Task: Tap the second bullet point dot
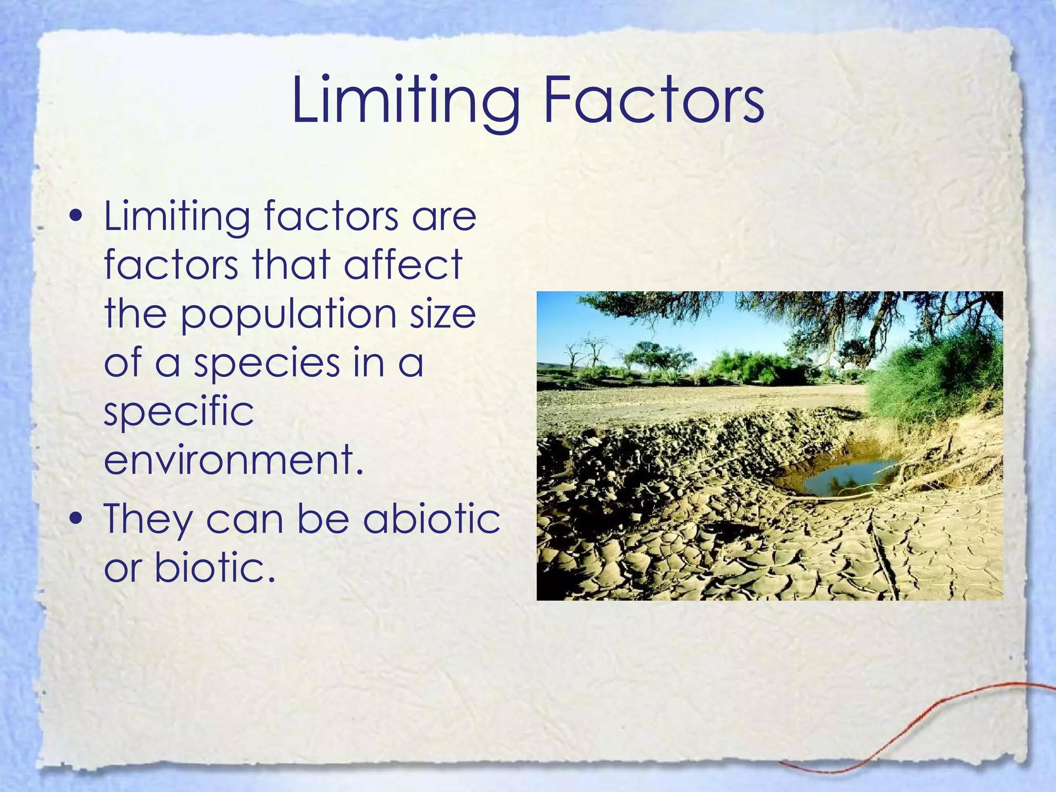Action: [x=76, y=519]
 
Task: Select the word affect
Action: [x=403, y=265]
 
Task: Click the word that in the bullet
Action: [x=291, y=265]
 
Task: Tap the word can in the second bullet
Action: [x=244, y=519]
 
